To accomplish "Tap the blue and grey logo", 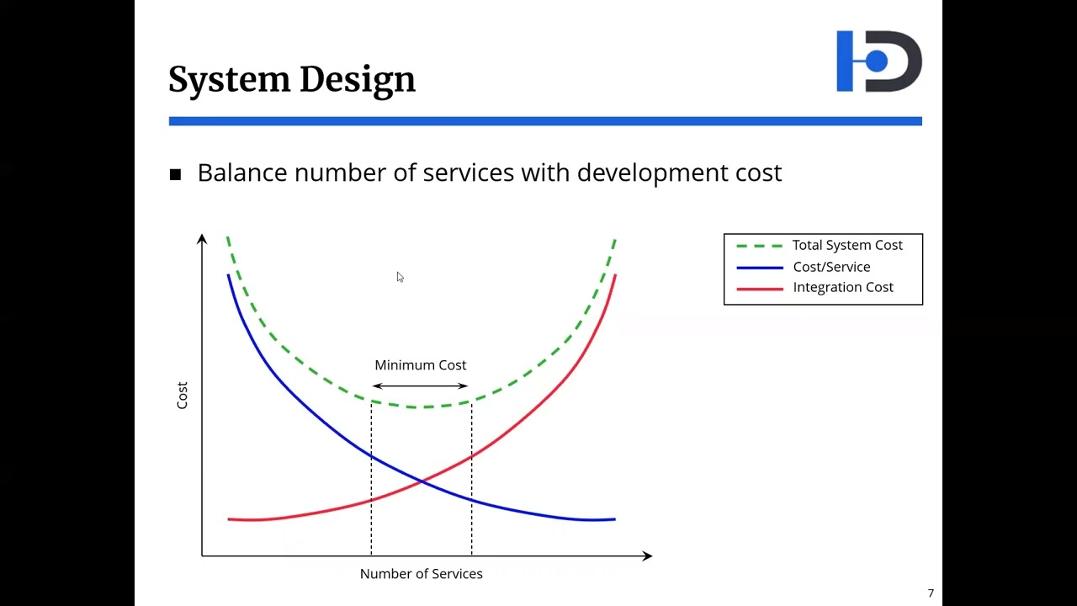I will (878, 61).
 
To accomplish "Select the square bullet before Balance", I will (175, 174).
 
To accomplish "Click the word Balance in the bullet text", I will (242, 173).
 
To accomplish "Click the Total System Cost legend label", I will (846, 245).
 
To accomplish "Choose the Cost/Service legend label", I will (831, 267).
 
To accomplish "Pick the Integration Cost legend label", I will (842, 287).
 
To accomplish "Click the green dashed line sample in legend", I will (760, 246).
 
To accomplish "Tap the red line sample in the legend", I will (760, 288).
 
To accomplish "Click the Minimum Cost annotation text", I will (420, 365).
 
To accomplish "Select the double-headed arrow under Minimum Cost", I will (420, 385).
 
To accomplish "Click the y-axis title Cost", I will (182, 396).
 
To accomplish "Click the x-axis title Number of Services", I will (421, 574).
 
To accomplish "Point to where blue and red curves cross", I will (421, 481).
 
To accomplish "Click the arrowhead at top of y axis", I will (202, 239).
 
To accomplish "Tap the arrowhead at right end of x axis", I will (646, 555).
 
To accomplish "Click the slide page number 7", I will (931, 593).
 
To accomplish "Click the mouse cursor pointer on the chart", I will (400, 277).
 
